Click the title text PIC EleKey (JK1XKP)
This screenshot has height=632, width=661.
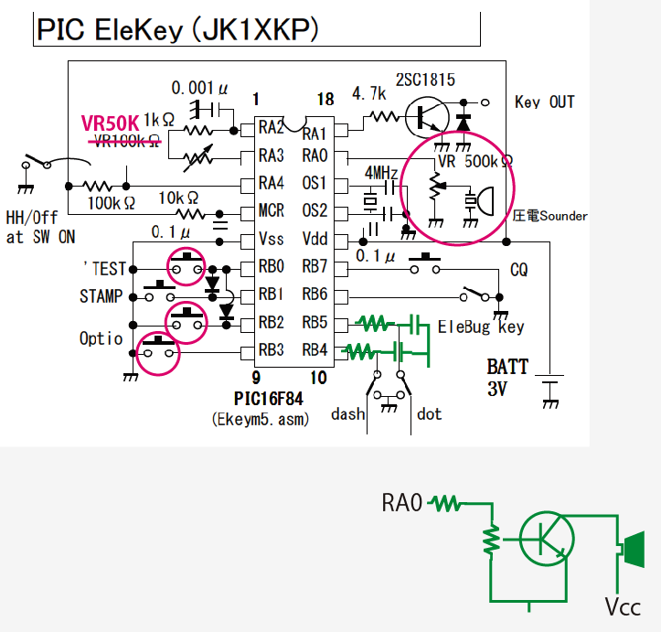[x=177, y=29]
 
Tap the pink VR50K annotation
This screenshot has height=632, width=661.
[x=110, y=123]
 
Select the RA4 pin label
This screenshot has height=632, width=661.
[x=272, y=183]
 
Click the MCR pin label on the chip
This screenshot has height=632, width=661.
[x=272, y=211]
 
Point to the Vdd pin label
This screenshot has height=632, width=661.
[x=315, y=240]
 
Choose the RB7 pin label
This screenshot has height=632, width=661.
[x=315, y=267]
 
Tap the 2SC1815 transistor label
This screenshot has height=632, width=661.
[x=426, y=80]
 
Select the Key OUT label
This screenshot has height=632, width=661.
[x=545, y=102]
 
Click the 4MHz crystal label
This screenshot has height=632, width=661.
[x=381, y=173]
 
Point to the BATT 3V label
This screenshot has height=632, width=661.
[x=507, y=376]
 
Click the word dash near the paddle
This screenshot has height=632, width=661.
[x=347, y=414]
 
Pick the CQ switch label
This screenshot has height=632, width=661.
[x=518, y=271]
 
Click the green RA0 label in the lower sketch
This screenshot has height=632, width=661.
[x=402, y=502]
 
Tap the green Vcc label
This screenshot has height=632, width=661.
[x=622, y=605]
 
